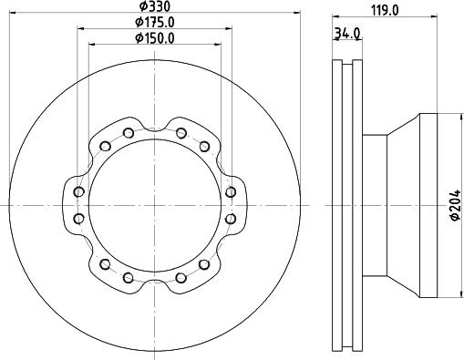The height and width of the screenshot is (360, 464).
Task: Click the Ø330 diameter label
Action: [x=155, y=6]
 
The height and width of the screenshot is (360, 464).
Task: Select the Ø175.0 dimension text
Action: [x=155, y=22]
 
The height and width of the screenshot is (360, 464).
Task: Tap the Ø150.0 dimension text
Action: [x=155, y=38]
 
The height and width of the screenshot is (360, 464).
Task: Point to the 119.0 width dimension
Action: [x=385, y=11]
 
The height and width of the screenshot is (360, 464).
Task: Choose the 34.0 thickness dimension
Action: [x=347, y=33]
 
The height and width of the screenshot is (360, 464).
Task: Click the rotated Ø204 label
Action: [x=455, y=205]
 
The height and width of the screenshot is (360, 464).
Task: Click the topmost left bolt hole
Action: [x=129, y=133]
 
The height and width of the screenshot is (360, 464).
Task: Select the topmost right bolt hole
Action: [x=181, y=133]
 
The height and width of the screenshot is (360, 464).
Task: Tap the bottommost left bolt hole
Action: [x=129, y=277]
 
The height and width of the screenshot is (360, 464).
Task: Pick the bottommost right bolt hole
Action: [x=181, y=277]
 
